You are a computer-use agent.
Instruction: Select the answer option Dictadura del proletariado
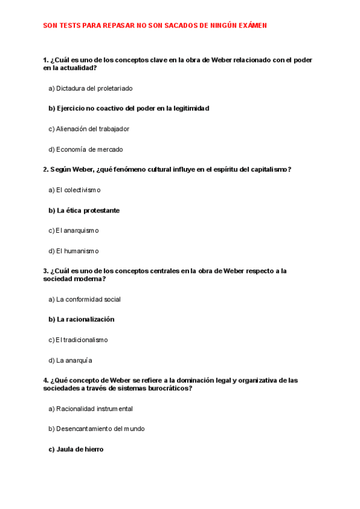90,88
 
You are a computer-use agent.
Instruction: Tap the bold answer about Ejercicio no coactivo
128,109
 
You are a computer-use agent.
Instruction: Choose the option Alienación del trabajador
88,129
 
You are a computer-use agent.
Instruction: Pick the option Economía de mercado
85,149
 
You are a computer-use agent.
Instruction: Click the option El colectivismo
74,190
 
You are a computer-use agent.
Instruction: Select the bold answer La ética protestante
83,211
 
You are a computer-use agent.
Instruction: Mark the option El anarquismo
73,231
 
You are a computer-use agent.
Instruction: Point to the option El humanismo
73,251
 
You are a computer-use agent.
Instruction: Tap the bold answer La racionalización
81,319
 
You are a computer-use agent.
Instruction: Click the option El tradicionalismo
78,340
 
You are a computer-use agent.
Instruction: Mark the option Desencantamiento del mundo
96,429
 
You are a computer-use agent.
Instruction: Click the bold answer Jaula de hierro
76,449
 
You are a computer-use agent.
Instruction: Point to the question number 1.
46,60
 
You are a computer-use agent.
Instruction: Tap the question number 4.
46,381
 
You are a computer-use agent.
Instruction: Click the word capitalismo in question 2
267,170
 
